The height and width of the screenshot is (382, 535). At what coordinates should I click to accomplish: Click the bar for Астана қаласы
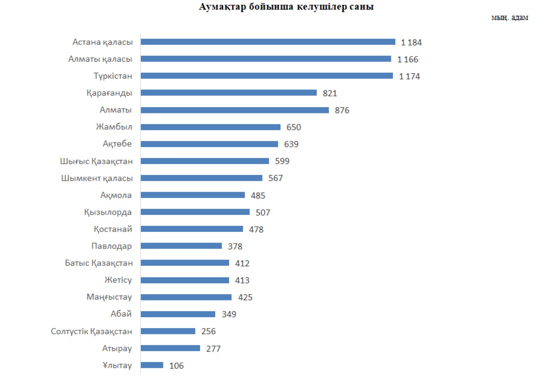coord(267,42)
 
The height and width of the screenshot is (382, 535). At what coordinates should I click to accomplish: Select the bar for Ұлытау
coord(152,365)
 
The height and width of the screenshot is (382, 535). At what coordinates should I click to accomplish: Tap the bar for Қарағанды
coord(228,93)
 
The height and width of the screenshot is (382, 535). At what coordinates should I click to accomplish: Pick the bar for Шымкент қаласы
coord(201,178)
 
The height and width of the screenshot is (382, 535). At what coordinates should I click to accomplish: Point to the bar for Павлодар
coord(181,246)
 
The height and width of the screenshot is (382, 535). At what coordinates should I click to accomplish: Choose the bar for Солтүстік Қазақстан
coord(168,331)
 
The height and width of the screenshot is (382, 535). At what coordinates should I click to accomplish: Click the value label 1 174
coord(410,77)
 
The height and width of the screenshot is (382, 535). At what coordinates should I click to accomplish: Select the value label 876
coord(342,110)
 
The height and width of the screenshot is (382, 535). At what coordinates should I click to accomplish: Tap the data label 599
coord(282,161)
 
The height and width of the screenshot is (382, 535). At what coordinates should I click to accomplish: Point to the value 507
coord(263,213)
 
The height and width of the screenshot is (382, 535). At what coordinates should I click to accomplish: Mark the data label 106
coord(176,366)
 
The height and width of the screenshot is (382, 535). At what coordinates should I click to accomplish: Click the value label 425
coord(245,297)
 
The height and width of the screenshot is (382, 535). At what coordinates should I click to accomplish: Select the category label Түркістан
coord(113,76)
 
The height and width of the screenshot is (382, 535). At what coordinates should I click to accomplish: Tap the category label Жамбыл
coord(114,127)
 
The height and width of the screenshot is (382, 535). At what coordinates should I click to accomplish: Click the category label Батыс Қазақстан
coord(99,263)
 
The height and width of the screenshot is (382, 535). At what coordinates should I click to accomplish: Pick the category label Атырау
coord(117,348)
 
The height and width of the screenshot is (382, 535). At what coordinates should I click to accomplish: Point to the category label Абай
coord(122,314)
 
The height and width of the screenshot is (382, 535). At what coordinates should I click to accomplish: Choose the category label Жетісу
coord(118,280)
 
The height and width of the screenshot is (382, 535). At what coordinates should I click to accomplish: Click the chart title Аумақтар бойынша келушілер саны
coord(286,7)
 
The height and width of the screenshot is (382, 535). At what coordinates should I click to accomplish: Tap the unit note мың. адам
coord(513,19)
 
